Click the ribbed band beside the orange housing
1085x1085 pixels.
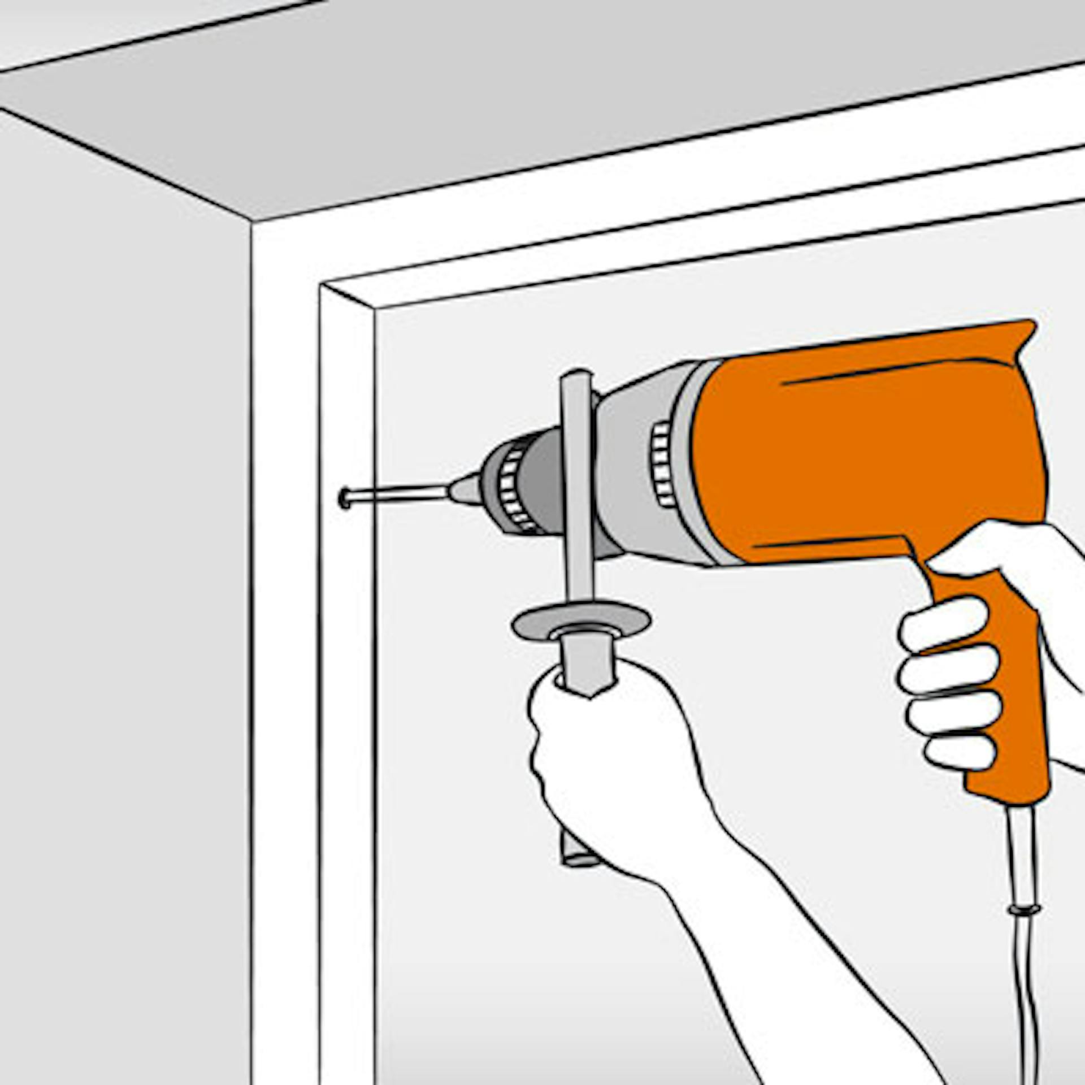pyautogui.click(x=662, y=463)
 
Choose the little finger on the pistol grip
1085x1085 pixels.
pyautogui.click(x=961, y=752)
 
